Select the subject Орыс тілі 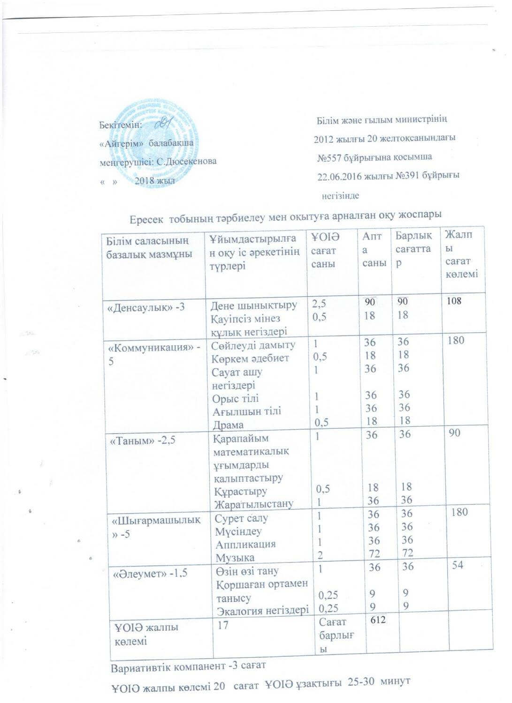click(x=235, y=398)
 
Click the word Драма click(x=228, y=425)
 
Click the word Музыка click(x=235, y=557)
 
